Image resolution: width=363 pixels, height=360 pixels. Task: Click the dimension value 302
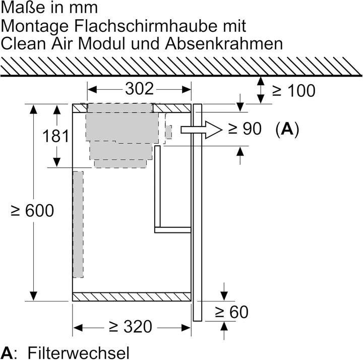tap(139, 89)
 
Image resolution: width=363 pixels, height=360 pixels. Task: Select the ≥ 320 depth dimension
tap(131, 327)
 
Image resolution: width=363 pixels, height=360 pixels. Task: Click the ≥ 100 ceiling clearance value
tap(294, 90)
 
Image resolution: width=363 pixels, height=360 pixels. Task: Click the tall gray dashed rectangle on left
tap(78, 224)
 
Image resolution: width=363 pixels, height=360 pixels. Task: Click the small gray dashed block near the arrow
tap(168, 132)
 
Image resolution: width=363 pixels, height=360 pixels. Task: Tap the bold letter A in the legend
tap(7, 352)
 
